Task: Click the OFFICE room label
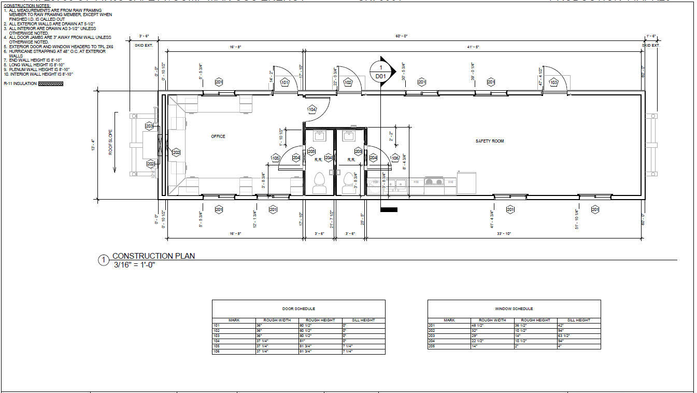coord(218,136)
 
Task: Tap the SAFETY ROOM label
coord(490,141)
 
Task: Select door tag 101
coord(285,82)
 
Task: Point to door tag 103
coord(553,82)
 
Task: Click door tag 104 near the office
coord(312,109)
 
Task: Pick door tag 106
coord(395,158)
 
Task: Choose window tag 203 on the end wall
coord(149,126)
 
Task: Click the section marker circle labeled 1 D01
coord(381,72)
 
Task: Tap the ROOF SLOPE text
coord(111,142)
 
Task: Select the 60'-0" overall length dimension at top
coord(402,36)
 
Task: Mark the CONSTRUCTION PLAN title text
coord(153,256)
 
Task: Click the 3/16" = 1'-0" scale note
coord(135,264)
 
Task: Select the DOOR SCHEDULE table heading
coord(298,309)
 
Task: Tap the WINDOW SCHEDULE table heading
coord(514,309)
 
